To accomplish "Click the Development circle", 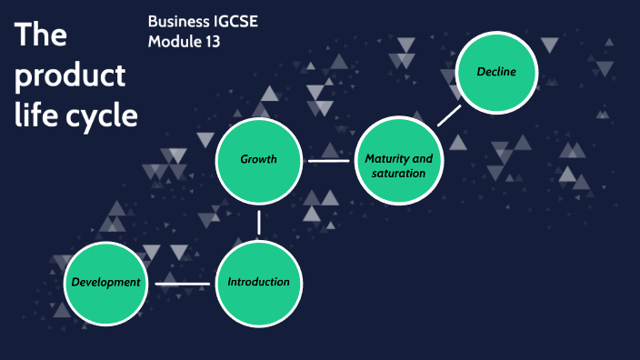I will [x=106, y=283].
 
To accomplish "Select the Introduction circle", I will [x=259, y=283].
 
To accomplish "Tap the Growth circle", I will [x=259, y=160].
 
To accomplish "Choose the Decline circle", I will [x=496, y=73].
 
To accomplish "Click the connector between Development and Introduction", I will [x=183, y=284].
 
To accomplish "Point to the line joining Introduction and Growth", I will [x=259, y=222].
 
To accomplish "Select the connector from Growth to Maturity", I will [x=328, y=161].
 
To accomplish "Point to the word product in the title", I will [x=69, y=76].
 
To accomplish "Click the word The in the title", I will [x=42, y=35].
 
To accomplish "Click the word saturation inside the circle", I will [x=398, y=173].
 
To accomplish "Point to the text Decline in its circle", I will [x=496, y=73].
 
